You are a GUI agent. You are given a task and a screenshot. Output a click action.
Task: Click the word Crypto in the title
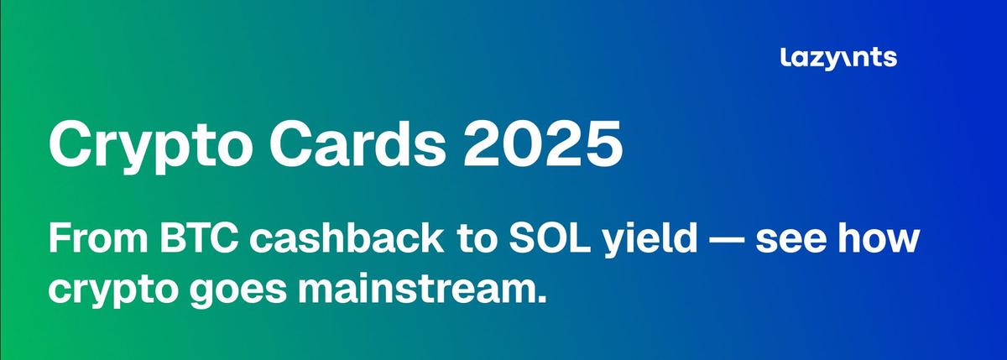tap(150, 146)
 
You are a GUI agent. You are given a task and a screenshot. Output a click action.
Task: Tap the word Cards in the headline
tap(357, 143)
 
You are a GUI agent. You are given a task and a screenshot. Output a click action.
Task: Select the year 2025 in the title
tap(544, 143)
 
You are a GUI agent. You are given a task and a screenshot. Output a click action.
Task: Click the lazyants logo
tap(839, 59)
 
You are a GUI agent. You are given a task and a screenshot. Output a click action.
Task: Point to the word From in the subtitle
tap(98, 238)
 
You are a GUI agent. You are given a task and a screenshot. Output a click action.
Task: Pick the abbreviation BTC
tap(199, 238)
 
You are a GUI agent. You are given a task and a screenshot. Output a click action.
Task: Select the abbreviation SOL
tap(550, 238)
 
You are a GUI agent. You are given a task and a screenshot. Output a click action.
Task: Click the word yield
tap(650, 242)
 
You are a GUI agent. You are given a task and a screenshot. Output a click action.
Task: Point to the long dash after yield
tap(727, 240)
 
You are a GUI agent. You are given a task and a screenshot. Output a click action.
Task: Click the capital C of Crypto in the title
tap(72, 143)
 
